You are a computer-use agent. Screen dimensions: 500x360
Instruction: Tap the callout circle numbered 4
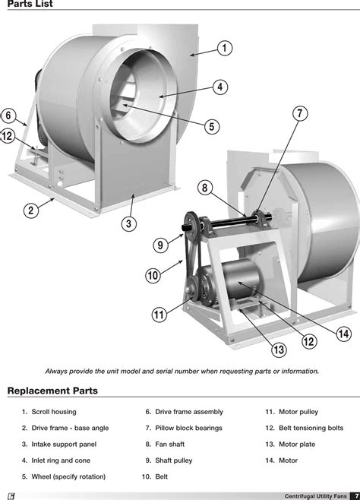coord(219,87)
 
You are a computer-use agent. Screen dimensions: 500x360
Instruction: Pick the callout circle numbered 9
coord(161,245)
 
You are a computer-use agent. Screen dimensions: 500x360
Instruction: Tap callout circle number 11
coord(159,315)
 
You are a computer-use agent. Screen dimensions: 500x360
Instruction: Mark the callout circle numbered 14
coord(343,334)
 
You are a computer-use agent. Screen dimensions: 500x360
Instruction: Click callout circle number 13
coord(279,350)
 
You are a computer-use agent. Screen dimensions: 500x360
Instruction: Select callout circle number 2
coord(31,210)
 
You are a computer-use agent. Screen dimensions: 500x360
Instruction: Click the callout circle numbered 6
coord(8,116)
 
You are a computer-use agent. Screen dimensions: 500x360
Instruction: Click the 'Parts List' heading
coord(30,6)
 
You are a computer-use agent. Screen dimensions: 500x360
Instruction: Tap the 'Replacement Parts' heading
coord(52,391)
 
